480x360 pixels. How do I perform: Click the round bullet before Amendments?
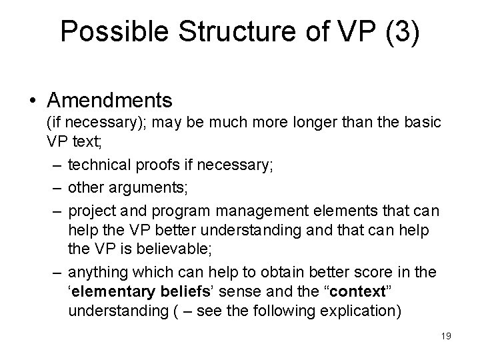[33, 101]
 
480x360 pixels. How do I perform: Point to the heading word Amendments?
[110, 101]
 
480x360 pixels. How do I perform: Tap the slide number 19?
[445, 335]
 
